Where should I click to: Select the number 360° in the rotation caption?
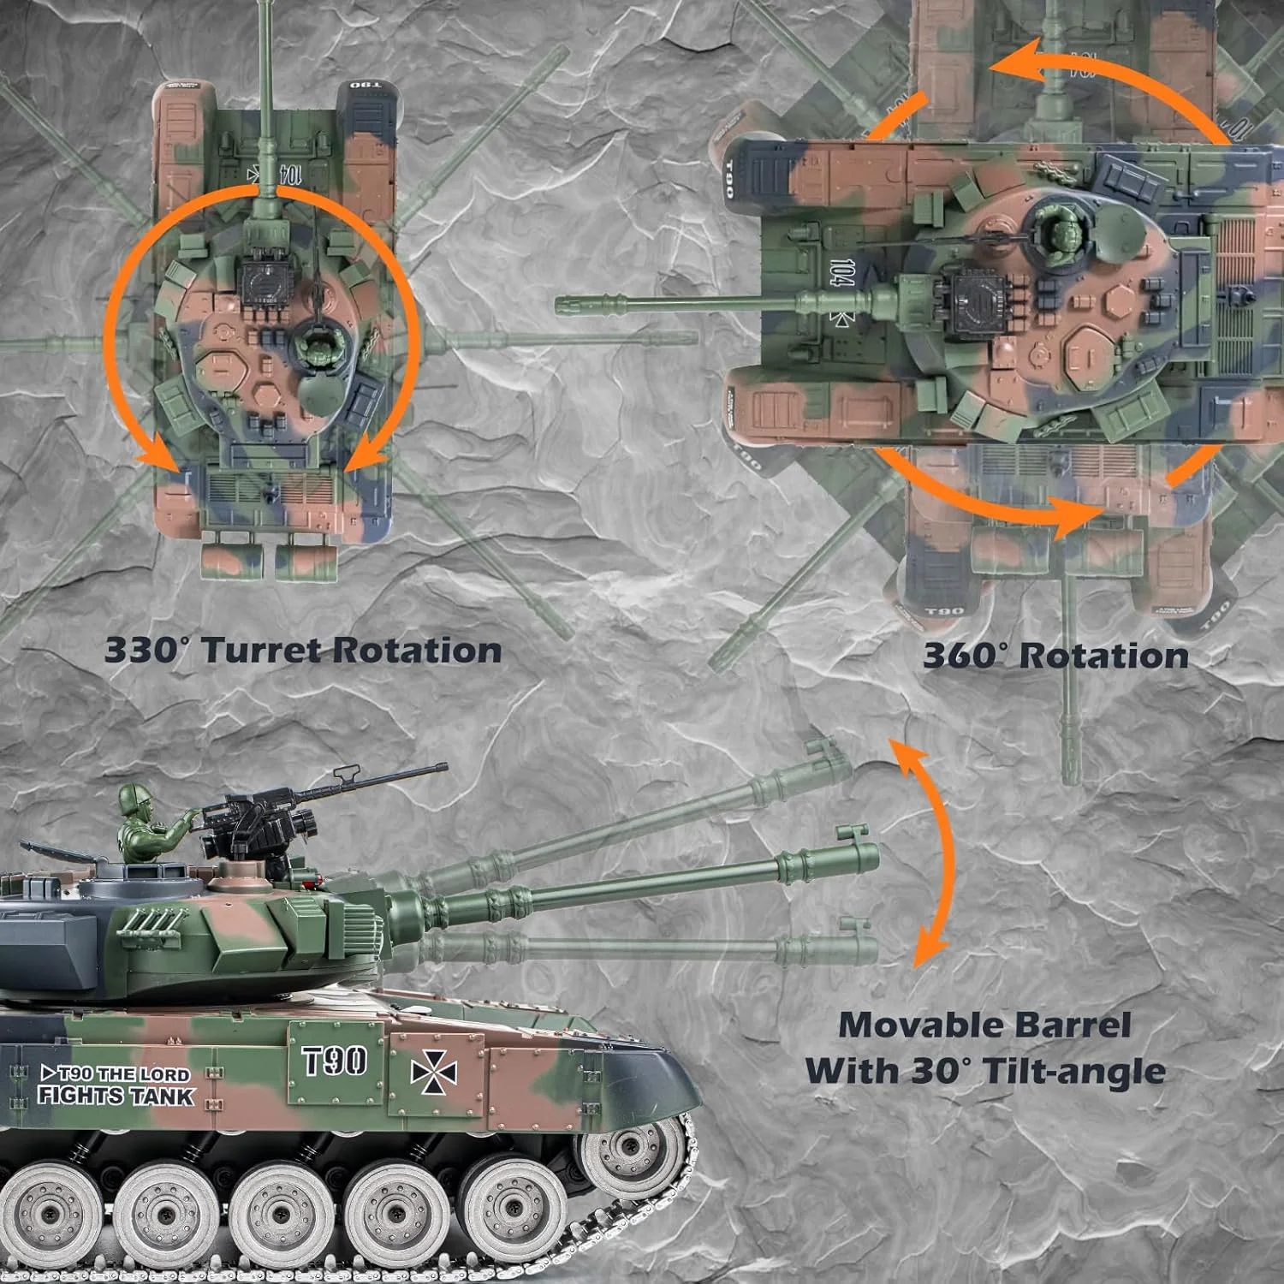point(964,657)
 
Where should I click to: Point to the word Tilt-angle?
point(1074,1071)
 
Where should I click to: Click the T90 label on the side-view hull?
point(335,1061)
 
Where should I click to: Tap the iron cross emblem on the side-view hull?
point(433,1073)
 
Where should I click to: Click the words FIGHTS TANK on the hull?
point(116,1096)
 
